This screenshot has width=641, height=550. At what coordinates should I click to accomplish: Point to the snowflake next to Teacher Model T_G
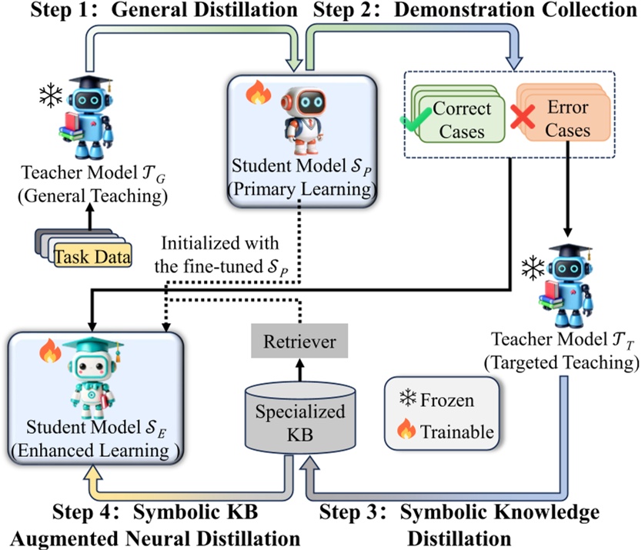(x=52, y=96)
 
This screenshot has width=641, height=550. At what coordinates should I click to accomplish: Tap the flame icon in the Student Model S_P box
(x=255, y=95)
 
